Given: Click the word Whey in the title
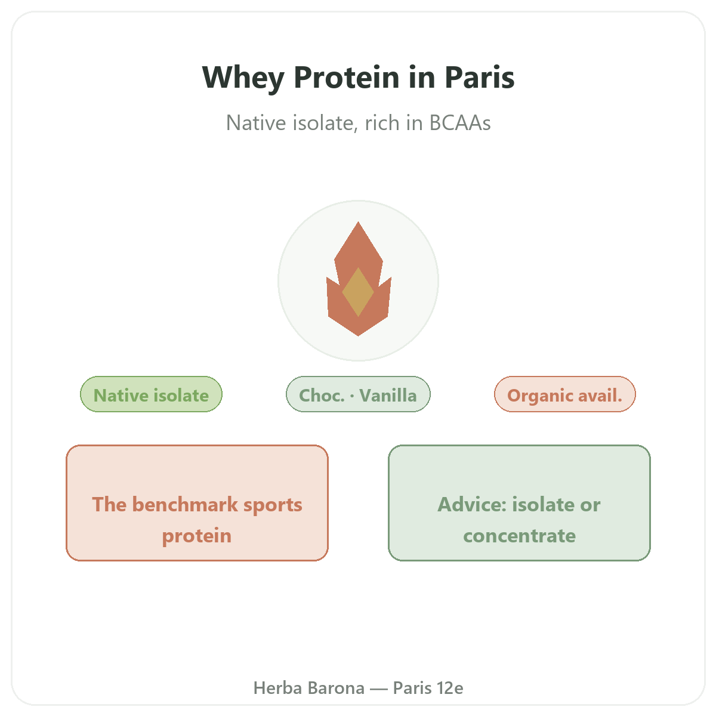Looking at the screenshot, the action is (x=243, y=78).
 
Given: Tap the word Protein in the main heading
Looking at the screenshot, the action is (x=346, y=78).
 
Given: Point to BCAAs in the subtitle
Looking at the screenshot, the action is (x=459, y=123).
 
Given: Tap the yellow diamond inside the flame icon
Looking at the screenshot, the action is (x=357, y=292).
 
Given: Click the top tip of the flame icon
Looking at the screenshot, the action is (x=358, y=222).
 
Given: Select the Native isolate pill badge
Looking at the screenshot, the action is (x=151, y=394).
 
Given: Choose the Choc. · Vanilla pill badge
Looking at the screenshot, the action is (x=358, y=394).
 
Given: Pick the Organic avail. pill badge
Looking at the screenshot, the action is (x=564, y=394).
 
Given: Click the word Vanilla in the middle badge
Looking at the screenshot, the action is (x=388, y=395).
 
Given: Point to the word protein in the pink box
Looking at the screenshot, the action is (x=197, y=536).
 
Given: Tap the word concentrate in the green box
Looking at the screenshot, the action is (x=519, y=536).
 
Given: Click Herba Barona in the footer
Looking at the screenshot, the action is (x=308, y=688).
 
